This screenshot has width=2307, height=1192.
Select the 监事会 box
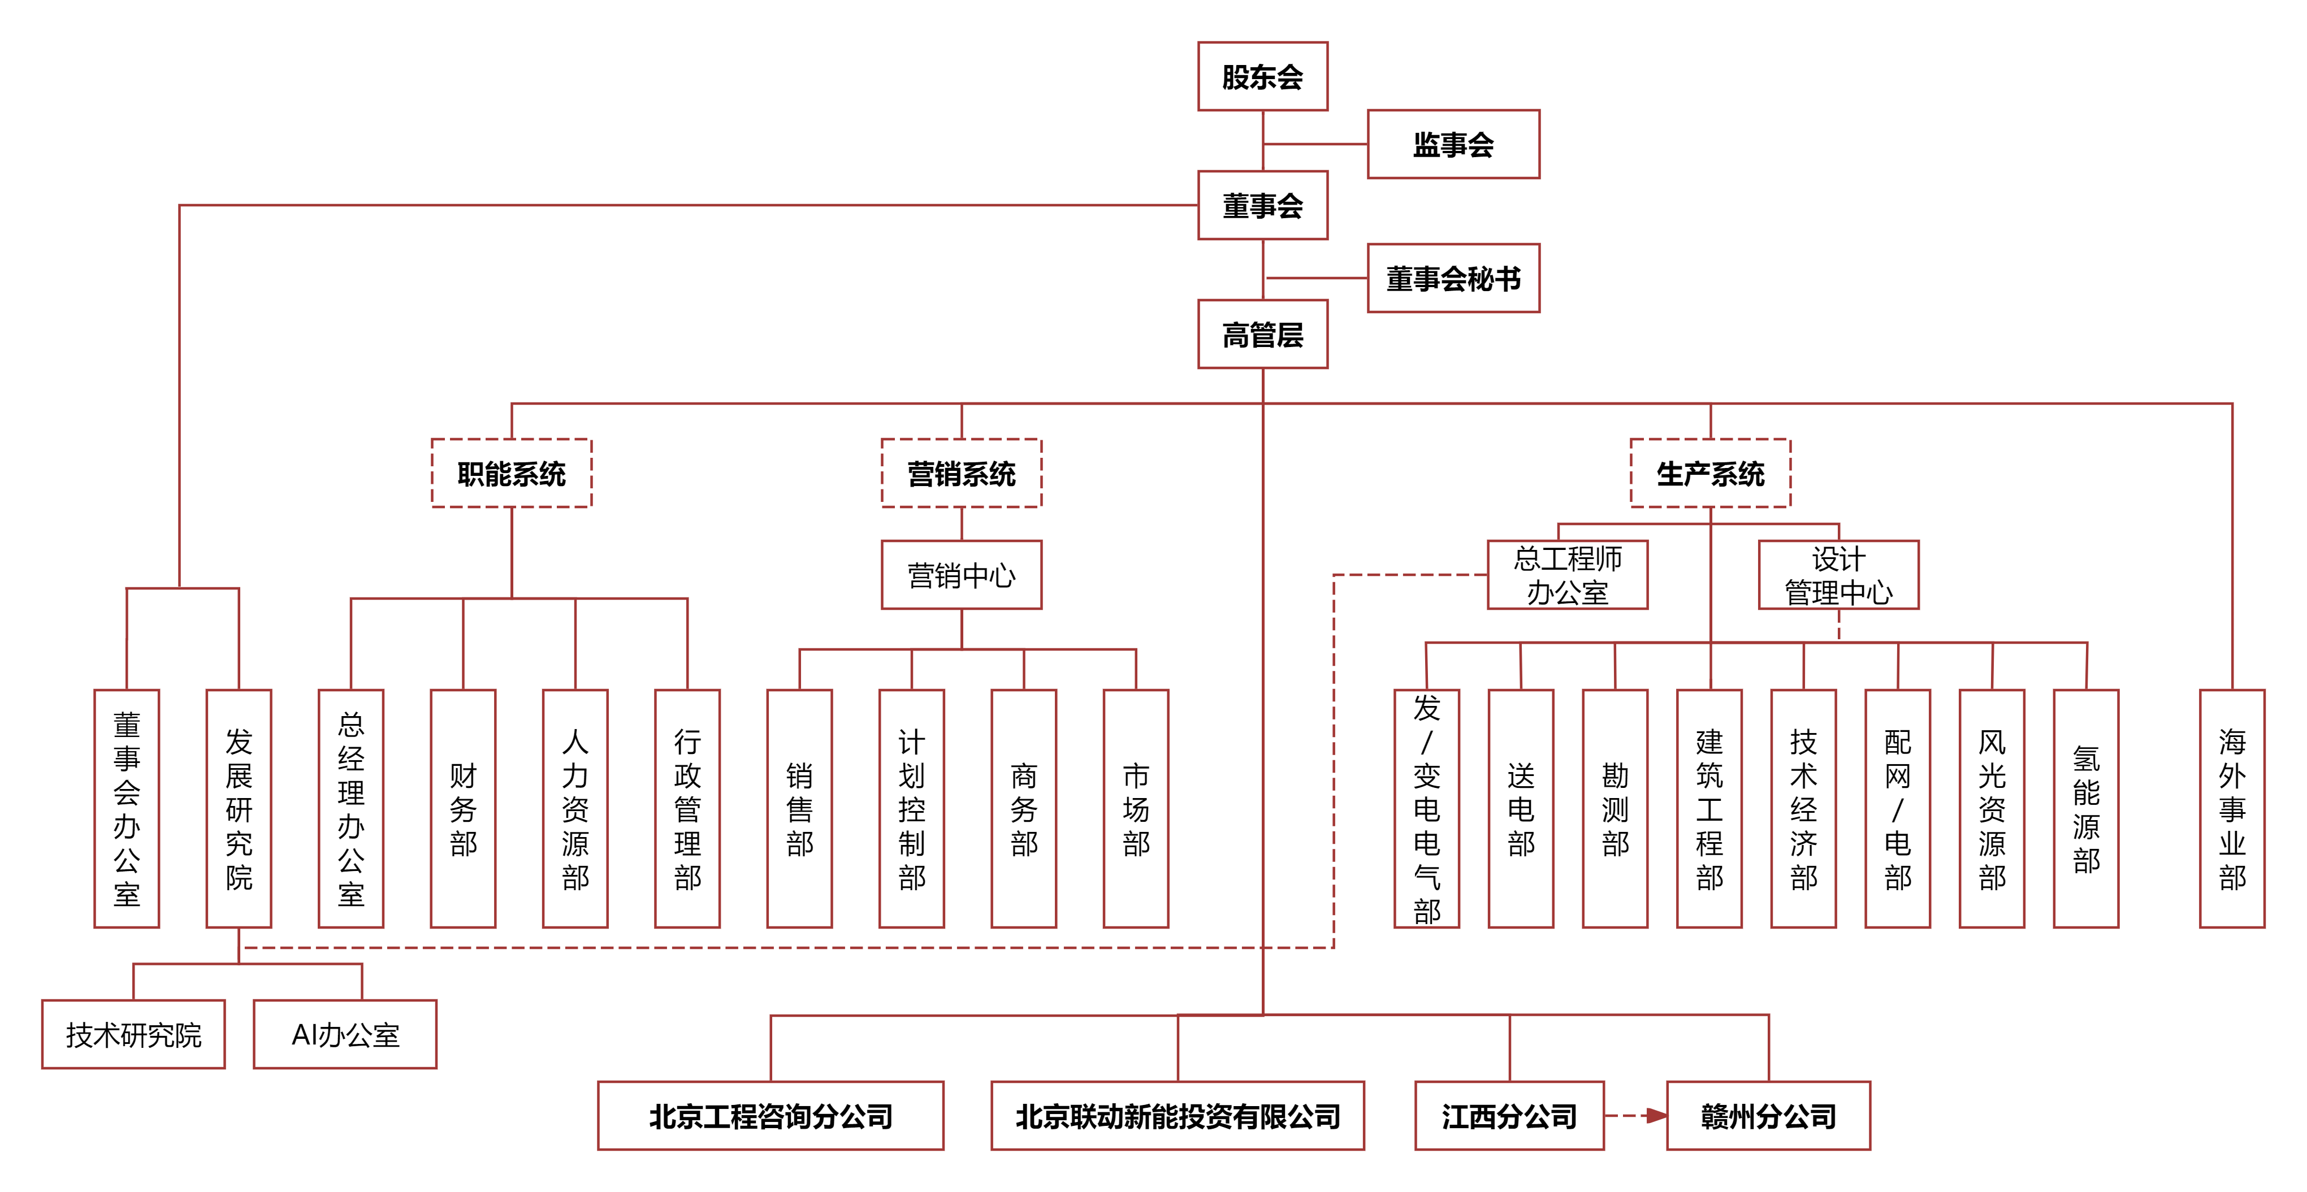tap(1453, 144)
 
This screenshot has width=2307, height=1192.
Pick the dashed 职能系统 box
tap(512, 473)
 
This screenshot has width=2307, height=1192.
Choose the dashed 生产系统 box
tap(1709, 473)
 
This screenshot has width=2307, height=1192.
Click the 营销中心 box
tap(961, 575)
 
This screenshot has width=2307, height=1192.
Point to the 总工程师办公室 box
tap(1567, 575)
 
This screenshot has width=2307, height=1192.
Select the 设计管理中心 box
tap(1838, 575)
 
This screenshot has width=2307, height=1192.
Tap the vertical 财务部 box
tap(463, 808)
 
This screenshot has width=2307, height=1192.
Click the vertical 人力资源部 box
tap(575, 808)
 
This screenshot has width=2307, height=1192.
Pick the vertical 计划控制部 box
tap(912, 808)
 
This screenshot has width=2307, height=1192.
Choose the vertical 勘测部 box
tap(1615, 808)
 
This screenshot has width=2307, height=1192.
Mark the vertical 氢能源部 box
tap(2086, 808)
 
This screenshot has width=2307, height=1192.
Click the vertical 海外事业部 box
tap(2232, 808)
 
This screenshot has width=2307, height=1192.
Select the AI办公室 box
tap(345, 1034)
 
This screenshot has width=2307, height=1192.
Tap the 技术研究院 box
tap(133, 1034)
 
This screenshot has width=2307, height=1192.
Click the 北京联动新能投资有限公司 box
tap(1177, 1116)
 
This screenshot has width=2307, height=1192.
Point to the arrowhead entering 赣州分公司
tap(1657, 1116)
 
